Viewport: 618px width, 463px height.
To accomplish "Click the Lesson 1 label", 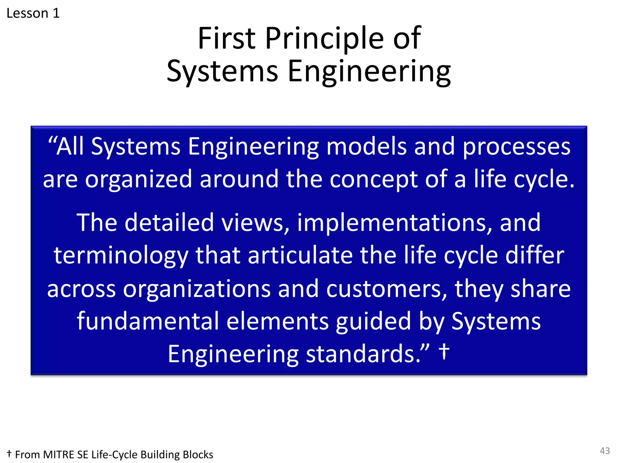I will tap(33, 13).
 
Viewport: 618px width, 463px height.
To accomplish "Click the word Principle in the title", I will tap(324, 38).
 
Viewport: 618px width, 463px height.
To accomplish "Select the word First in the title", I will tap(227, 38).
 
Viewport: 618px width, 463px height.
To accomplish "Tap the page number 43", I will tap(605, 451).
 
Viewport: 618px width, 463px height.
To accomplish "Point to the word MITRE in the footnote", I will tap(59, 455).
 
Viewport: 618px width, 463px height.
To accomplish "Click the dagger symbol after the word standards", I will tap(444, 352).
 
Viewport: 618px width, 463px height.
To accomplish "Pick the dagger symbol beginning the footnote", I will tap(9, 453).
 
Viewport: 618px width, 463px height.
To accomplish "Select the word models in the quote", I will tap(367, 146).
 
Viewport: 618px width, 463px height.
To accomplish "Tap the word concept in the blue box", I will tap(374, 179).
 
